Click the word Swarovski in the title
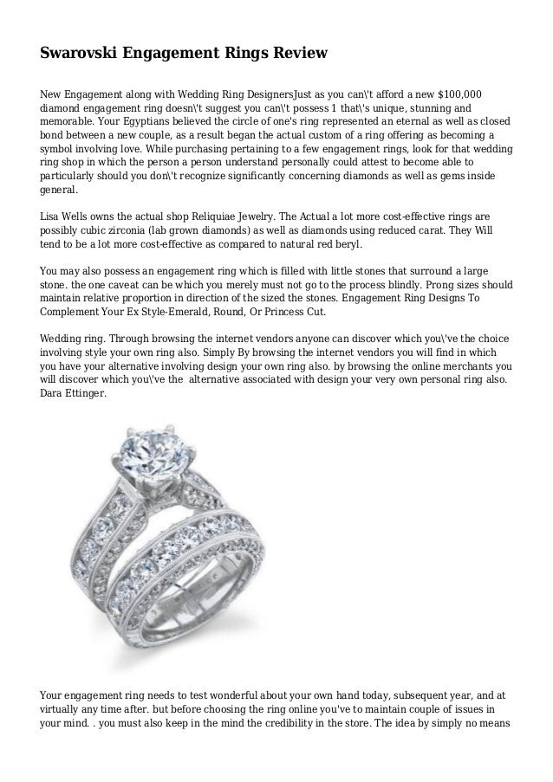pyautogui.click(x=84, y=55)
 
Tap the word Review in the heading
pyautogui.click(x=295, y=55)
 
